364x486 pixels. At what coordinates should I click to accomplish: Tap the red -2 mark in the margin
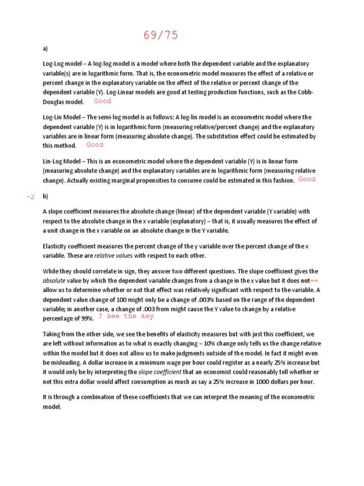tap(31, 196)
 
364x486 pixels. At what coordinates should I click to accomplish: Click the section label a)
tap(45, 48)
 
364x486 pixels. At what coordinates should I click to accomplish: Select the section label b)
tap(45, 196)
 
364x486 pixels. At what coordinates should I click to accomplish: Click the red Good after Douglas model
tap(102, 101)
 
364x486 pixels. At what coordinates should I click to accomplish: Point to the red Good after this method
tap(94, 145)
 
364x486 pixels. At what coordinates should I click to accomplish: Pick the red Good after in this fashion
tap(307, 179)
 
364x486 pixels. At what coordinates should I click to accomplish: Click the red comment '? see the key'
tap(126, 316)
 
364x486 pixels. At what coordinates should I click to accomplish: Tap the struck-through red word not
tap(305, 280)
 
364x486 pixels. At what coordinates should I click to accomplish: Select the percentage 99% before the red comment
tap(87, 318)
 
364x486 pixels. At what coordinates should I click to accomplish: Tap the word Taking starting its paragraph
tap(52, 334)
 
